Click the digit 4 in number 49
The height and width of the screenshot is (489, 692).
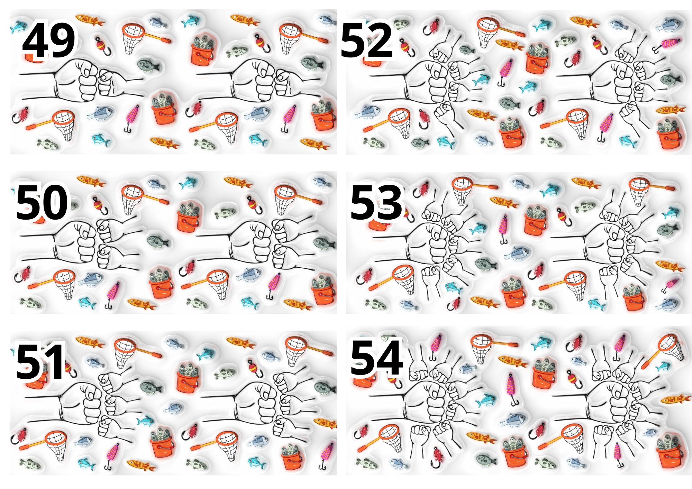point(36,41)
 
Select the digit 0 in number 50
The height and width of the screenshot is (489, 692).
point(55,202)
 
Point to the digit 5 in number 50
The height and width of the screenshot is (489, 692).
point(29,202)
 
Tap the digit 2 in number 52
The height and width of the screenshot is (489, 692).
point(380,40)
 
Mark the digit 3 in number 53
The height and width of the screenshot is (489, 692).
point(389,202)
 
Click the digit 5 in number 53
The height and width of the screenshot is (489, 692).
point(363,202)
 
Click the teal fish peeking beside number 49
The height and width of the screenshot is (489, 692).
point(17,26)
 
